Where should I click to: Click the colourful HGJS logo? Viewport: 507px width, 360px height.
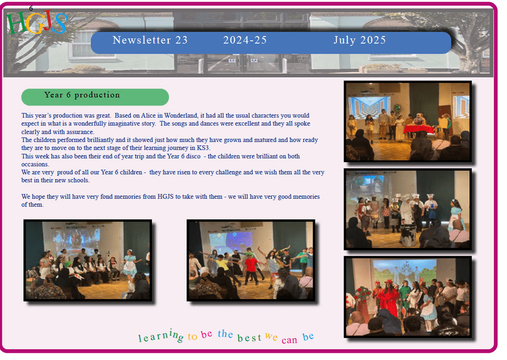tap(37, 23)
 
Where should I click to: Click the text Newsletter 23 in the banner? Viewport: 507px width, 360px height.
tap(150, 40)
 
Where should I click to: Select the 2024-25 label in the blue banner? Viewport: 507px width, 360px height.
tap(245, 40)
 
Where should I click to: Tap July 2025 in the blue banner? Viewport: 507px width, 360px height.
tap(359, 40)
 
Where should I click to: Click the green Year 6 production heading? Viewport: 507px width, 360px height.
tap(95, 97)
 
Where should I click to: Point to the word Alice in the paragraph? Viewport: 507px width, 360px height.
tap(148, 115)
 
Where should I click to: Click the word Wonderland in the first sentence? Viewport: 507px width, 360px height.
tap(180, 115)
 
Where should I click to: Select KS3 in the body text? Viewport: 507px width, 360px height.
tap(203, 148)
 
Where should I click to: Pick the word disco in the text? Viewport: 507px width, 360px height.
tap(193, 156)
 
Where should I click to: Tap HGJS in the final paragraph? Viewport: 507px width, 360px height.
tap(165, 197)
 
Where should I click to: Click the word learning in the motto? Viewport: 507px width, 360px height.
tap(161, 336)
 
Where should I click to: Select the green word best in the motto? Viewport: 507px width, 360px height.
tap(249, 337)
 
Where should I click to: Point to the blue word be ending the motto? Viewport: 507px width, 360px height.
tap(308, 336)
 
